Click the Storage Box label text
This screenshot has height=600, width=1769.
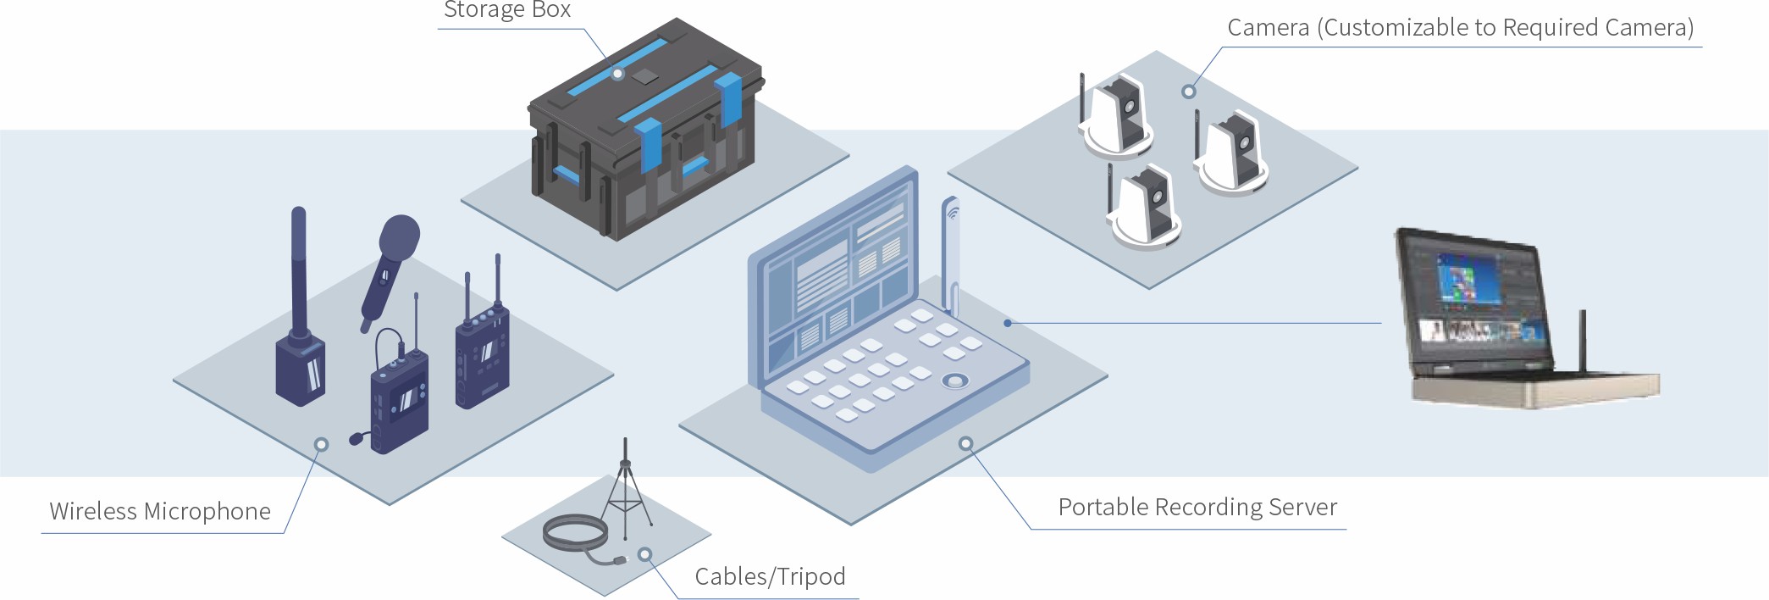click(507, 10)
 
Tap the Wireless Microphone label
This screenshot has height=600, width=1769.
click(160, 511)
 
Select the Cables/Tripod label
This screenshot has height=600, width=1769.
click(770, 576)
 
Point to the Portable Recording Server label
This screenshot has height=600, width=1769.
click(1197, 507)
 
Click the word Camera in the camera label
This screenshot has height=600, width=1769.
click(1268, 28)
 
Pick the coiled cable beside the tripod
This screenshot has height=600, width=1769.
click(576, 536)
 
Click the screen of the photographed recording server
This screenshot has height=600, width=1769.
click(1473, 297)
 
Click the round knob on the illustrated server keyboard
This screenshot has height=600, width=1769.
click(955, 381)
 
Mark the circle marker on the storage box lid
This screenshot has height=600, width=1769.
click(618, 74)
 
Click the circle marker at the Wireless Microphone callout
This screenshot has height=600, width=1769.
click(321, 444)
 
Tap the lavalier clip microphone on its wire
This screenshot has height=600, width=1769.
click(358, 438)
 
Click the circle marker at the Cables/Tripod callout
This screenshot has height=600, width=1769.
click(645, 555)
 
